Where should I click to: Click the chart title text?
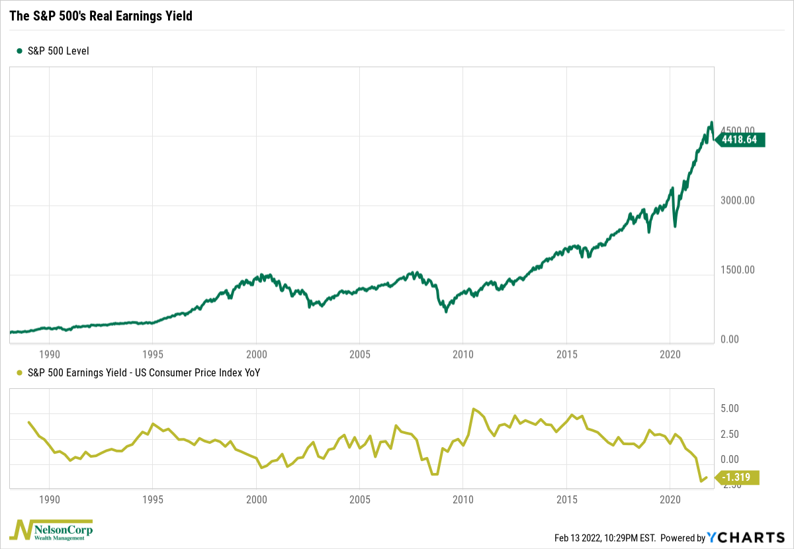(x=101, y=16)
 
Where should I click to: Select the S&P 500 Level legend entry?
(x=52, y=51)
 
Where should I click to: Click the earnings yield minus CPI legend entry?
(x=138, y=372)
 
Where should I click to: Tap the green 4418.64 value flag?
(x=742, y=140)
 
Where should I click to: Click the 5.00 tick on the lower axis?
(x=728, y=409)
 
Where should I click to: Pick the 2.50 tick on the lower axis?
(x=728, y=434)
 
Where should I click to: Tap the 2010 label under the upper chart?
(x=463, y=355)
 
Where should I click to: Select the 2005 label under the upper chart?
(x=359, y=355)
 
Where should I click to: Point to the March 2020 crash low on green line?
(x=675, y=226)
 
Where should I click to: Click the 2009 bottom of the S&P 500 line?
(x=446, y=311)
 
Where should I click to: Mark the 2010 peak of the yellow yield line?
(x=473, y=409)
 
